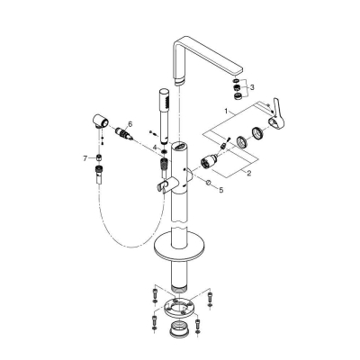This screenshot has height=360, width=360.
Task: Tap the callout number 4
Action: (155, 147)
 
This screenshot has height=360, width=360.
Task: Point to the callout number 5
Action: (224, 192)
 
